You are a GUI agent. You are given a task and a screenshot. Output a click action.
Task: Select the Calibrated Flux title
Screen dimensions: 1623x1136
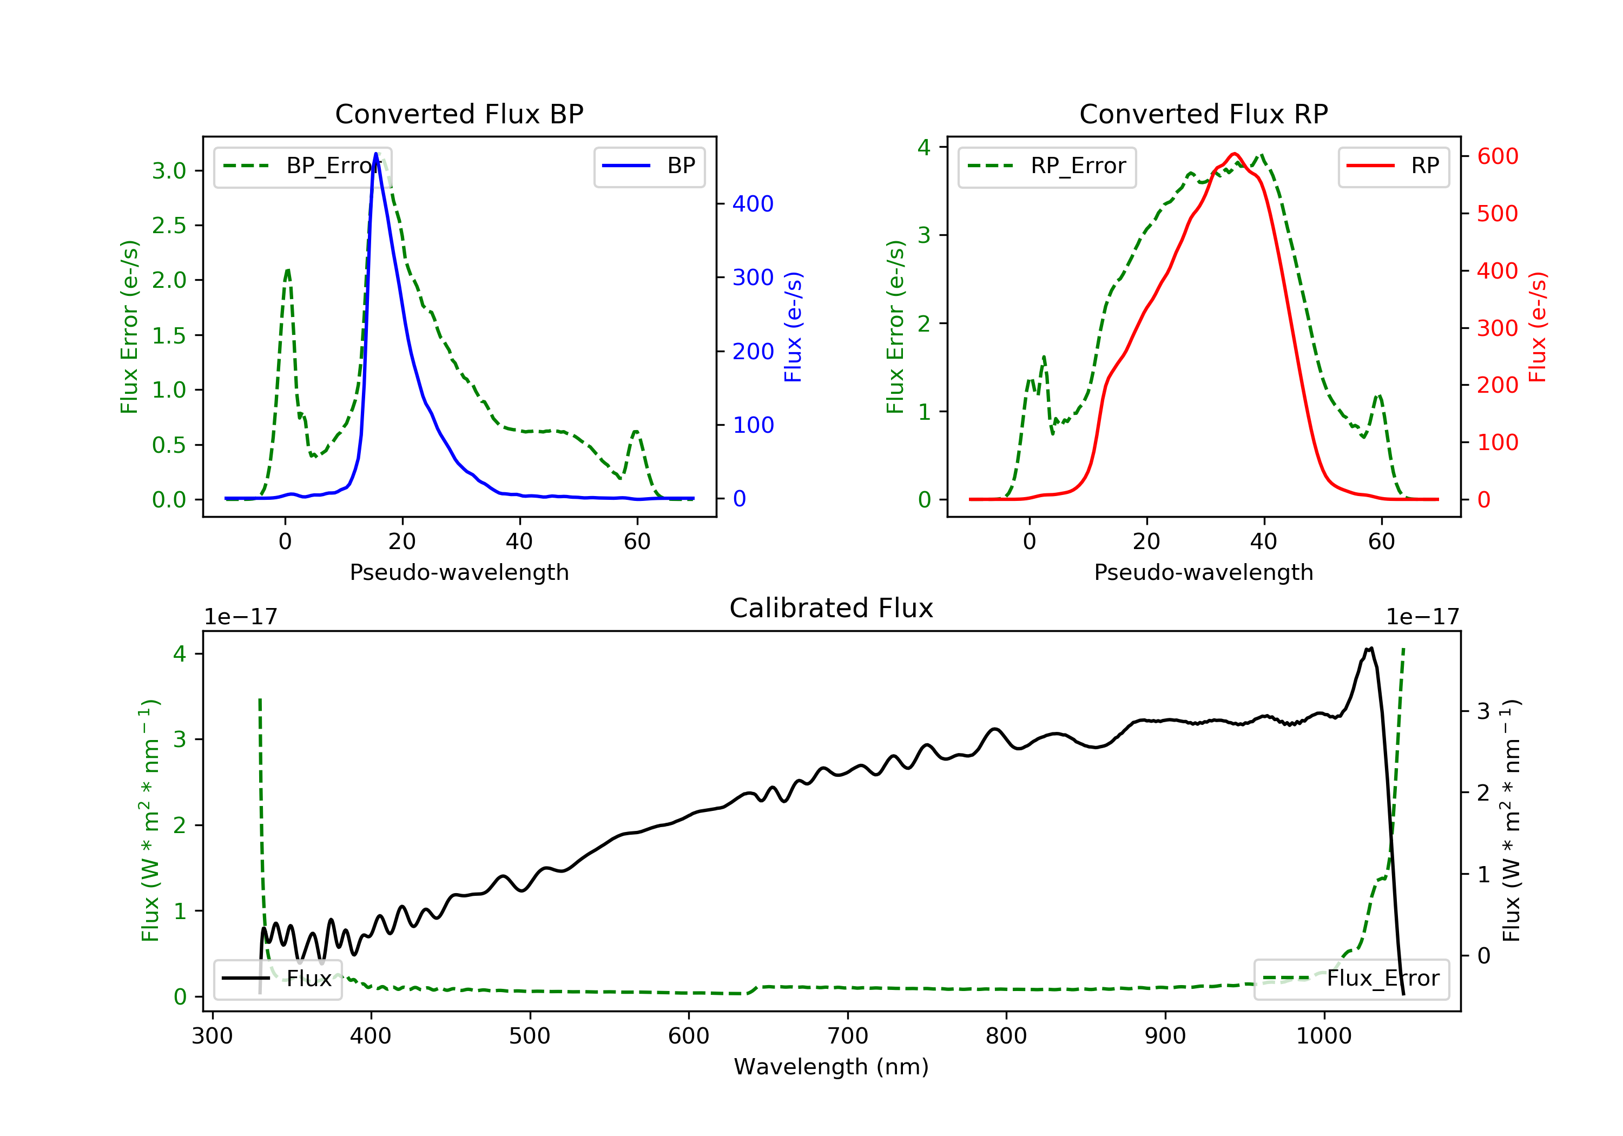832,609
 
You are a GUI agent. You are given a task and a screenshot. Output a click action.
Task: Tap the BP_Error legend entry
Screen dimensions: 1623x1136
302,167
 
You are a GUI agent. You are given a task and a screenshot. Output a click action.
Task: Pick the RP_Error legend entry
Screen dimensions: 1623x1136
1047,167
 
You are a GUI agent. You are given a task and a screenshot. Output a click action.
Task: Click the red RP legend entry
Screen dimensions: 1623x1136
1393,166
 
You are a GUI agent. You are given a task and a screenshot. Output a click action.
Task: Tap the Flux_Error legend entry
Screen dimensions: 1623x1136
1351,979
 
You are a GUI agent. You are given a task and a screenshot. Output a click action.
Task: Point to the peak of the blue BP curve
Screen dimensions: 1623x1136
375,154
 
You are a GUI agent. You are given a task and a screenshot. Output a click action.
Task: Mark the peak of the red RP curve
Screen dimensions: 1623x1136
1234,154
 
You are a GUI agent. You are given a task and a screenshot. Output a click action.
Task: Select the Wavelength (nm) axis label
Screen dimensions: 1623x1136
832,1067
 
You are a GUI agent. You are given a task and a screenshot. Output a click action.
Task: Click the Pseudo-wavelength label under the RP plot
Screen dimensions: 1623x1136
1203,572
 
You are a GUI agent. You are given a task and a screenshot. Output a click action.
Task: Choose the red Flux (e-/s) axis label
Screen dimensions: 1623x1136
1538,327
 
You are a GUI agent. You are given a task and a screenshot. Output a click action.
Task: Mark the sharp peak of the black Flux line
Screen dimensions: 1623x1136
1371,648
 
